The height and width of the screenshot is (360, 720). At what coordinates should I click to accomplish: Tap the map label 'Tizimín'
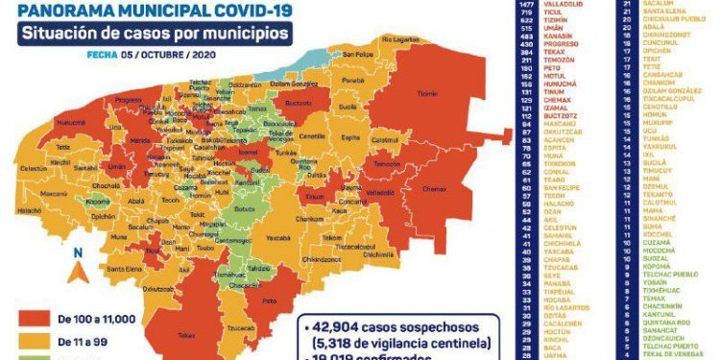click(427, 94)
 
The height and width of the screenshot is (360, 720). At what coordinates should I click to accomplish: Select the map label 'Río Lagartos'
click(401, 38)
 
